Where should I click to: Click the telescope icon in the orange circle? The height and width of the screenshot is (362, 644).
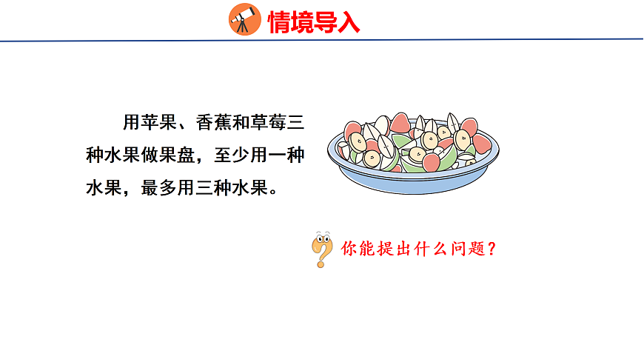[x=245, y=19]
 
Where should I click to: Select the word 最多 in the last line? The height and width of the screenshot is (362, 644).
[x=161, y=187]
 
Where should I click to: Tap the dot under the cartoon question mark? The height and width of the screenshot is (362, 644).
[x=321, y=264]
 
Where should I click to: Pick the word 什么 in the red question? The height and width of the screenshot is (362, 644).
[x=430, y=249]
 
